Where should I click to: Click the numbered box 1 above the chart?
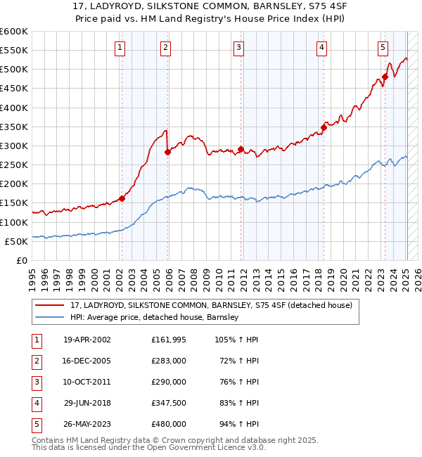120,48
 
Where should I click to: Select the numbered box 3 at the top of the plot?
239,48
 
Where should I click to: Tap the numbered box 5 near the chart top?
383,48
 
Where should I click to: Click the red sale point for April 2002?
122,198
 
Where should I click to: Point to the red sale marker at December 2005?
167,152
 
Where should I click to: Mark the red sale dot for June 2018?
324,127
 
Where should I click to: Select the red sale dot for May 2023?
385,77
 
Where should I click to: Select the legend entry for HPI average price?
155,317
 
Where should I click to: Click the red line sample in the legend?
50,305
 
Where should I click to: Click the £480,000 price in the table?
169,424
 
